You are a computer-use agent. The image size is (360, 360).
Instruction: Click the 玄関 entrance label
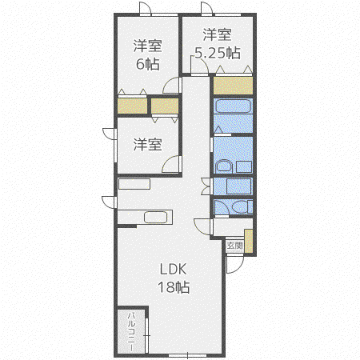[234, 246]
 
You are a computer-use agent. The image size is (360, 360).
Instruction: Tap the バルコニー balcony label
[131, 331]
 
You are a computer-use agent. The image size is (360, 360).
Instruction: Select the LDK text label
[173, 270]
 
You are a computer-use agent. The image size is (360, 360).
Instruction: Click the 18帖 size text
[174, 287]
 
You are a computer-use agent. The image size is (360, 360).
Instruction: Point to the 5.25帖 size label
[218, 53]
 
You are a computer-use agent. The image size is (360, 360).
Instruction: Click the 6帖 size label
[148, 64]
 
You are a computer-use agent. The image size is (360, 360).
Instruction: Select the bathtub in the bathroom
[234, 106]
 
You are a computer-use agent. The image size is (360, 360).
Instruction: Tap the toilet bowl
[240, 207]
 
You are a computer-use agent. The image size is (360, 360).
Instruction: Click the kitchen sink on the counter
[156, 217]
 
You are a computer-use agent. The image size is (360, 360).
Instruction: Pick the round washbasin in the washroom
[225, 166]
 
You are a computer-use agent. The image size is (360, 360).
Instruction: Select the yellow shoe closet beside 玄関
[249, 241]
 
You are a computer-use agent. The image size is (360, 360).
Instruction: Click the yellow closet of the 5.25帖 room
[233, 86]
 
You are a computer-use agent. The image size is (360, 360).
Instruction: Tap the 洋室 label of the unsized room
[148, 144]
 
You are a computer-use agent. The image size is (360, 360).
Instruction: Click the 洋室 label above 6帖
[148, 46]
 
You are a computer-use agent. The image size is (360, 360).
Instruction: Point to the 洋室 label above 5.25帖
[218, 34]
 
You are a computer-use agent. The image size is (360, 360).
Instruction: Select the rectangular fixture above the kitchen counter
[134, 184]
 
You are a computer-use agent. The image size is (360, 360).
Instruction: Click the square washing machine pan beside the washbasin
[244, 167]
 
